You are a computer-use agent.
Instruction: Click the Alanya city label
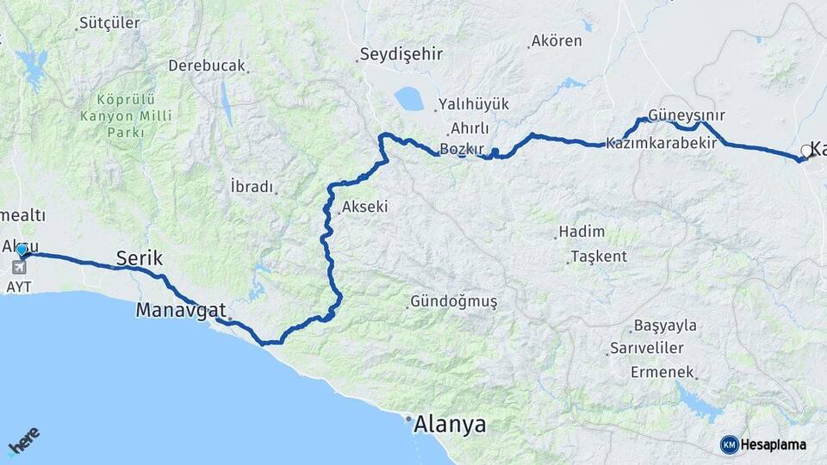(450, 424)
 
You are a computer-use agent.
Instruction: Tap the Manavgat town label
(180, 310)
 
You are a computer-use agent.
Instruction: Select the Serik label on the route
(140, 257)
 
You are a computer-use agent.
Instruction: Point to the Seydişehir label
(401, 54)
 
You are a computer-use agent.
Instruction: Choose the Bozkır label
(463, 149)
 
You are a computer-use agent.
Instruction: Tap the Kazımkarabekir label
(661, 143)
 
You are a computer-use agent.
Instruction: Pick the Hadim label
(581, 232)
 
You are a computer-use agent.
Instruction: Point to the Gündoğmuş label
(454, 302)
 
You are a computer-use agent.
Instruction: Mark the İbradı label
(252, 187)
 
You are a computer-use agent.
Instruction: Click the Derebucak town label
(207, 65)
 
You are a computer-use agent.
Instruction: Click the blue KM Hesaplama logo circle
(730, 444)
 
